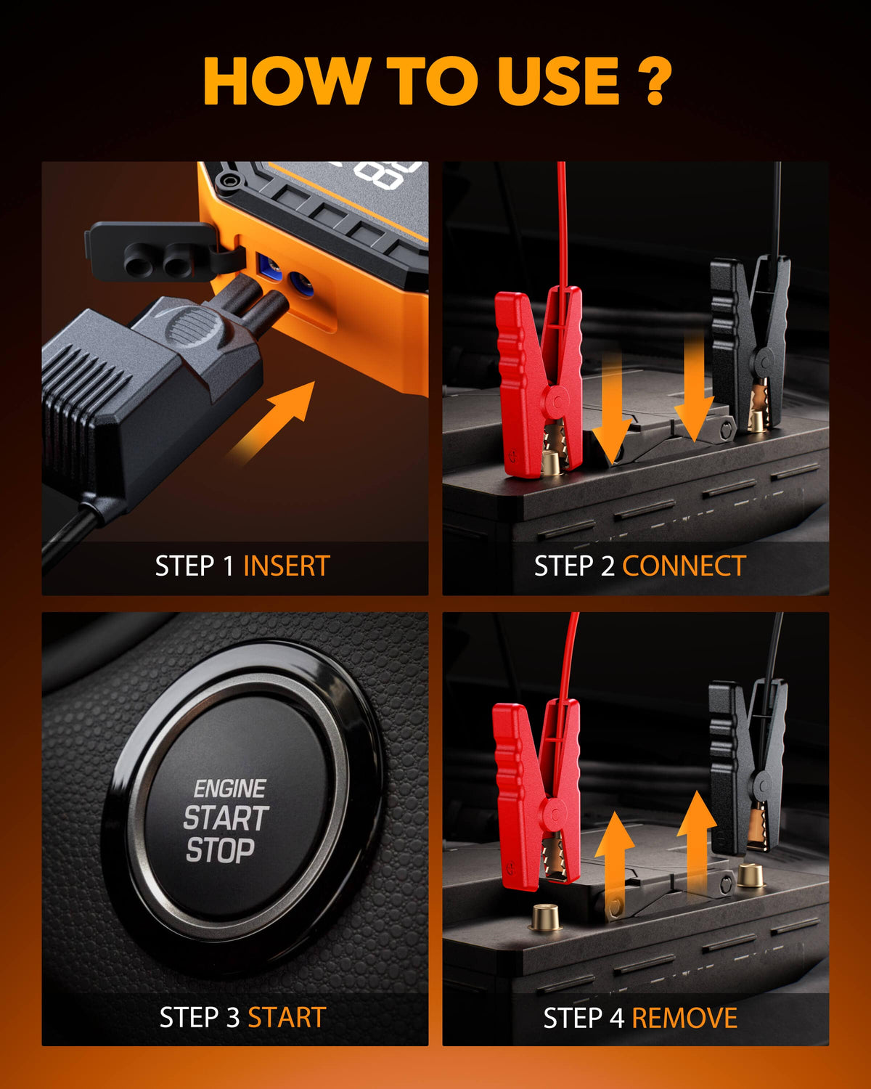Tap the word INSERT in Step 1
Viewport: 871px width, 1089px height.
point(287,566)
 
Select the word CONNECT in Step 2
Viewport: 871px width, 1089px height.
point(684,566)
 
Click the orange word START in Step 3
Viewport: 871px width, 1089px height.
point(287,1017)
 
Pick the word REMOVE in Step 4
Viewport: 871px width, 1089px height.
point(684,1018)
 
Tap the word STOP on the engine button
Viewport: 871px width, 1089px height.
point(220,850)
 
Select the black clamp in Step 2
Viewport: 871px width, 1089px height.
point(749,344)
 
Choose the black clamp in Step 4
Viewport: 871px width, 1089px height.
point(748,765)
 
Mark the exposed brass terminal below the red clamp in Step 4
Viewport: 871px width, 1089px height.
point(545,917)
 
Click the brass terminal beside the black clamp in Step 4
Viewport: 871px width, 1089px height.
point(750,875)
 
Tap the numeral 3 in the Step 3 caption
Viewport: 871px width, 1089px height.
point(233,1017)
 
